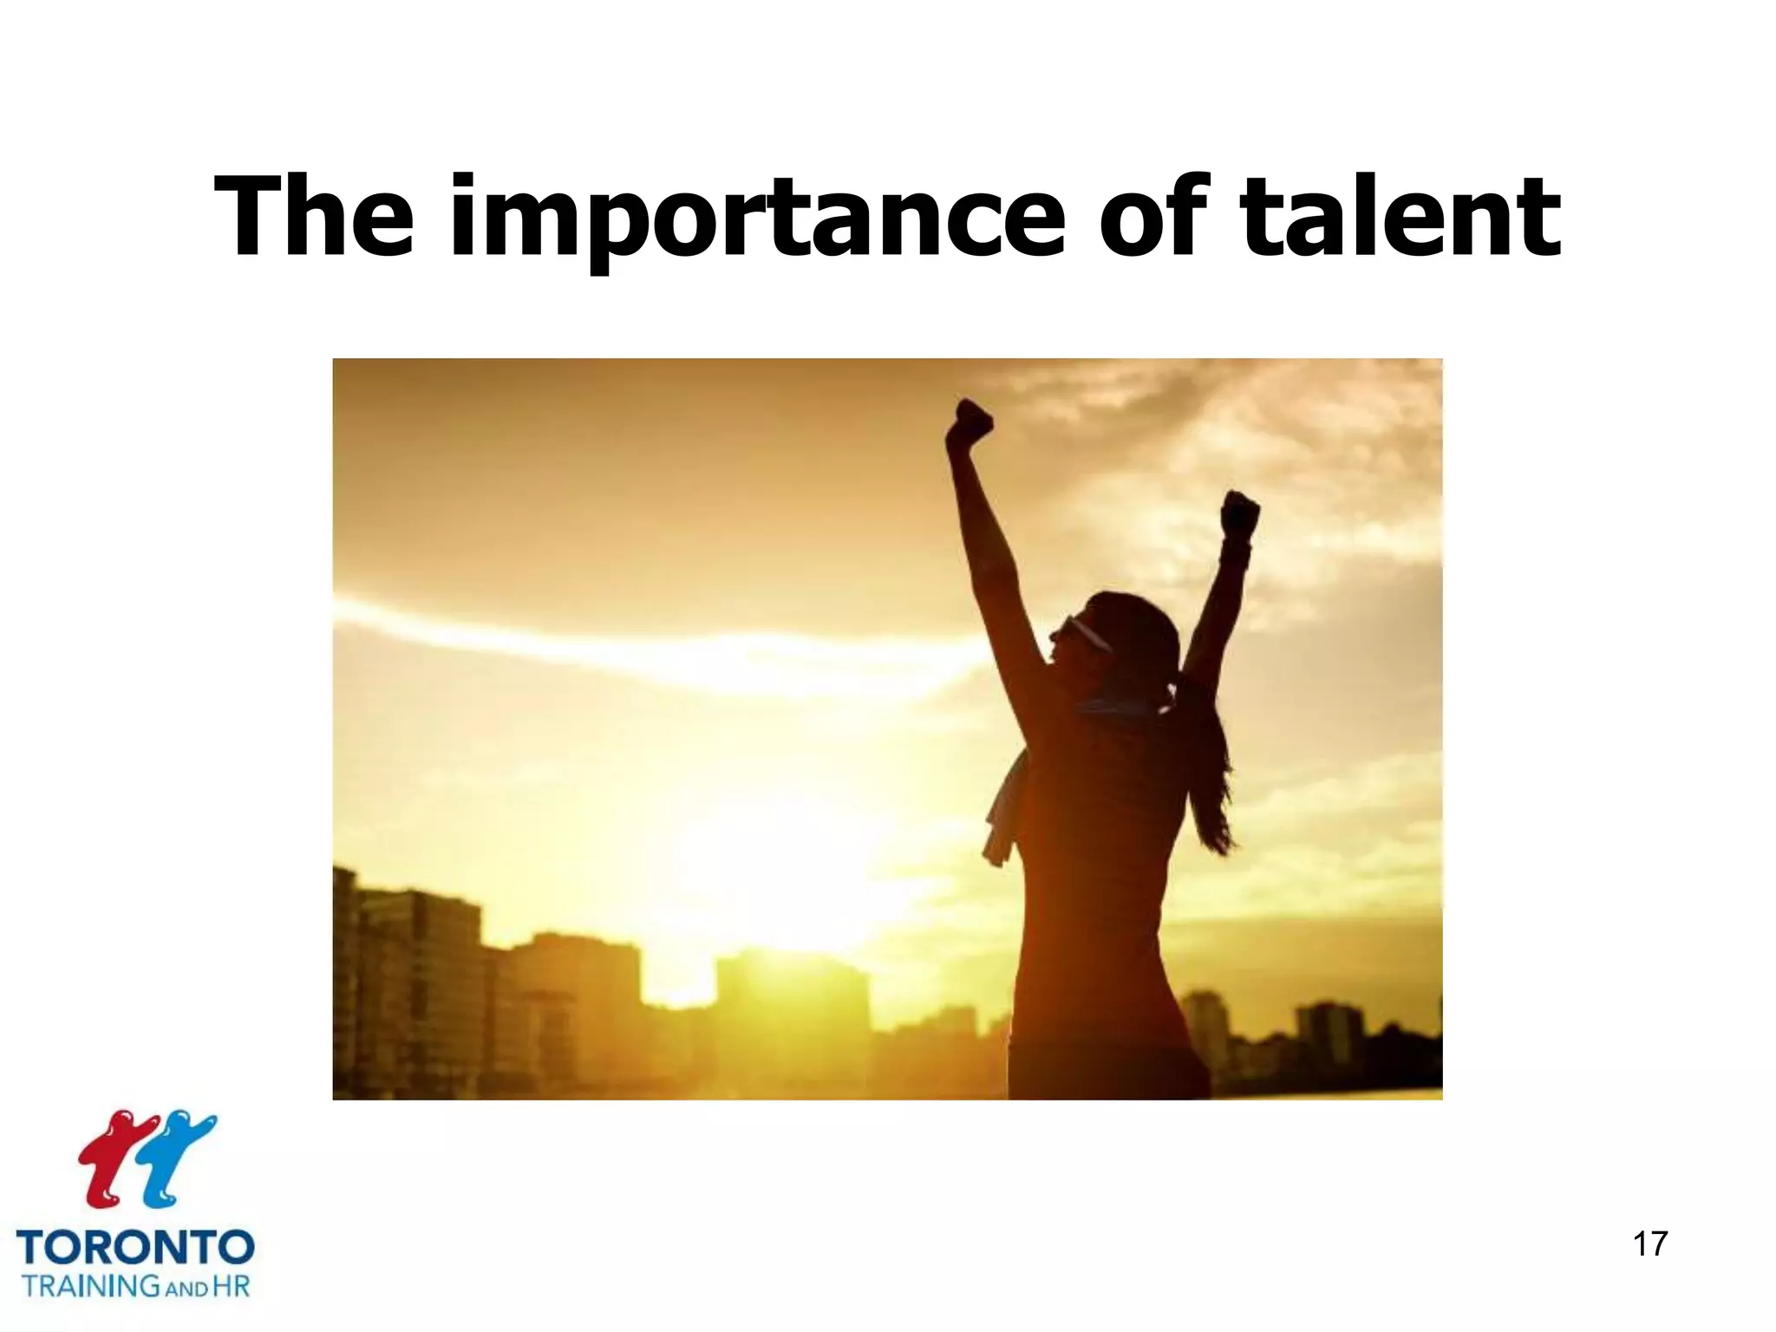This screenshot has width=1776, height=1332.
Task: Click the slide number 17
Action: [1649, 1244]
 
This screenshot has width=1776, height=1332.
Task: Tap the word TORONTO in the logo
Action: [135, 1247]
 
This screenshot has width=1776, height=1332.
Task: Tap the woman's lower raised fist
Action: [1240, 513]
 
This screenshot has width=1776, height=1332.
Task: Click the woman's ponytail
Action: [1210, 763]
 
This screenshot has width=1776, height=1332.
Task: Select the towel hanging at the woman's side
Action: [1003, 811]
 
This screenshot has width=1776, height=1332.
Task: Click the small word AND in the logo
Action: [186, 1290]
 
